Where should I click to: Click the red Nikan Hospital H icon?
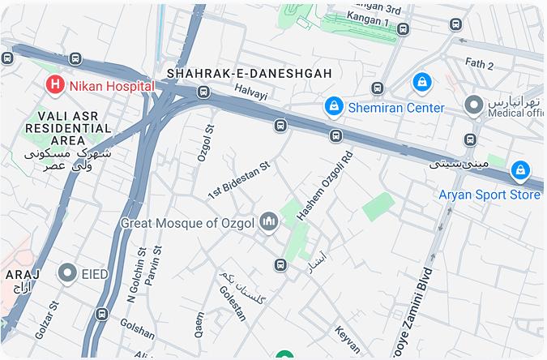coord(55,84)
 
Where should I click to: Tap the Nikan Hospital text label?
coord(112,84)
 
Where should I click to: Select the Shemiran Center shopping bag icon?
coord(333,106)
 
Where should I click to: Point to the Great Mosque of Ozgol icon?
coord(268,221)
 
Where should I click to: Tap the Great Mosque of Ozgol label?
coord(187,222)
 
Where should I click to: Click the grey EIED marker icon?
coord(68,273)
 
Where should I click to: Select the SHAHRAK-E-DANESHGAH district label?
coord(250,74)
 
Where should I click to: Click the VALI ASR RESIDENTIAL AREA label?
coord(68,128)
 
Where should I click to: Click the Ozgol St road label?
coord(204,144)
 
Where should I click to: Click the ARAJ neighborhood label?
coord(18,275)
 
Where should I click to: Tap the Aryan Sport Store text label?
coord(489,195)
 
